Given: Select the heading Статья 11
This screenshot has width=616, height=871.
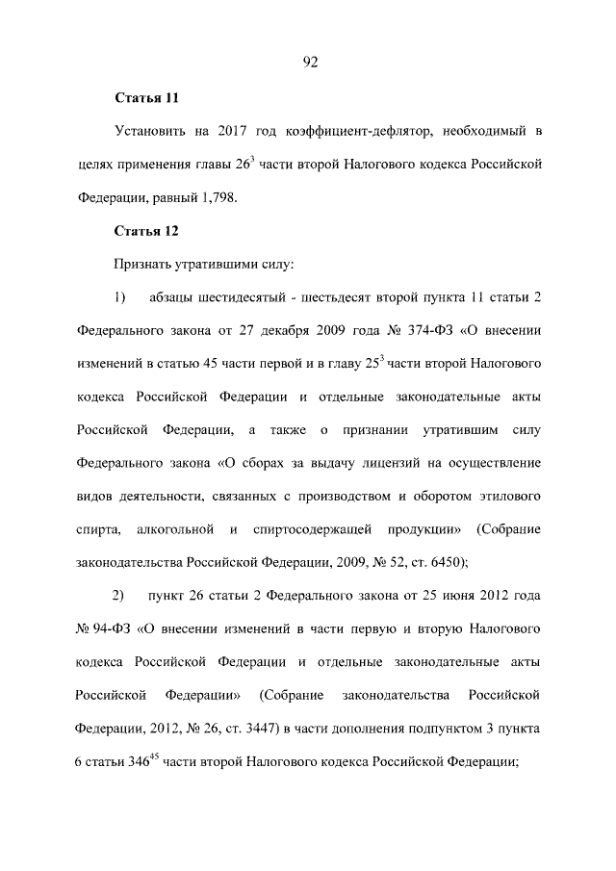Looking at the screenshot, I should click(146, 98).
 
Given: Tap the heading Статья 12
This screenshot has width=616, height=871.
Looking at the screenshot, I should click(146, 231).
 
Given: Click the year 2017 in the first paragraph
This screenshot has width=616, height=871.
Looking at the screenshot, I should click(234, 130).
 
